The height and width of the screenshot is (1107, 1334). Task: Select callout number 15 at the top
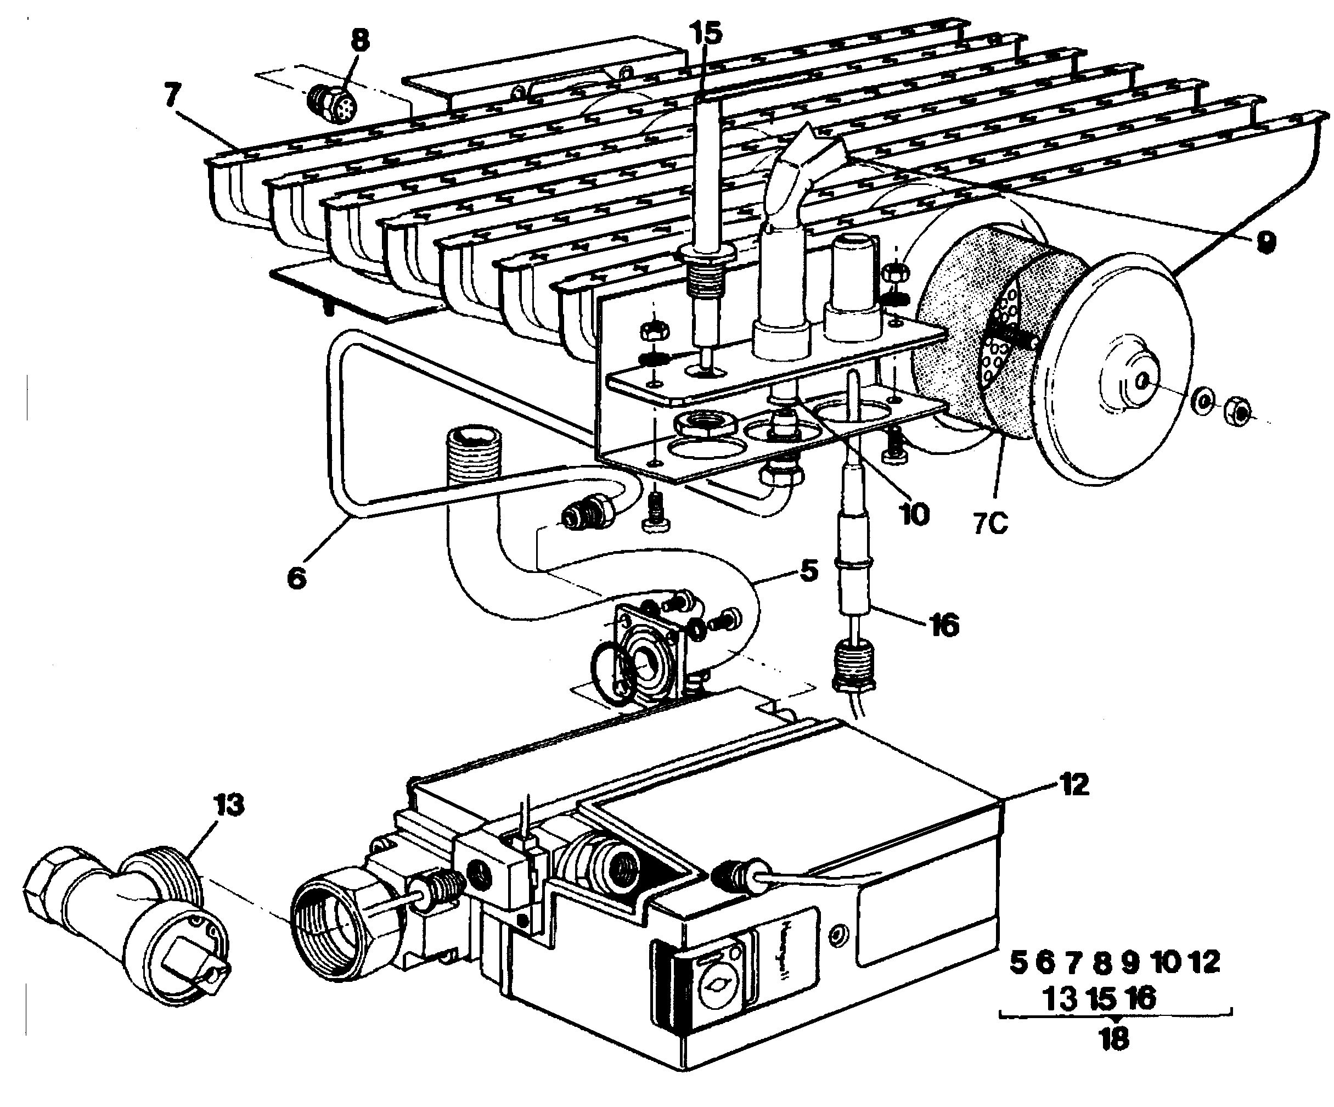pos(708,33)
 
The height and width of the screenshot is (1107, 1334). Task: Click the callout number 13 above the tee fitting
pos(229,805)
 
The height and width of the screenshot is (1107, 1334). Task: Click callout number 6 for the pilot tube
pos(297,578)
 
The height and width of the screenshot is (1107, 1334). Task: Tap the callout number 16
pos(944,625)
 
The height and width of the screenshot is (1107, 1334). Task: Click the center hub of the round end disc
pos(1141,381)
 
